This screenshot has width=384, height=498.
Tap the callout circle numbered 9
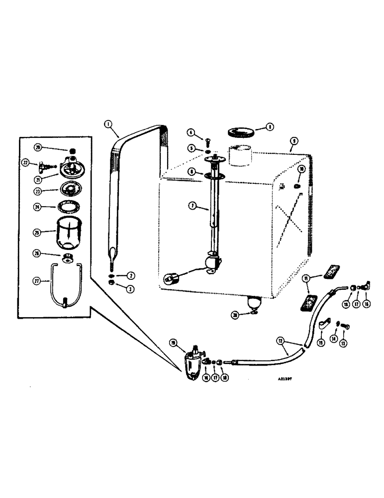(293, 141)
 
